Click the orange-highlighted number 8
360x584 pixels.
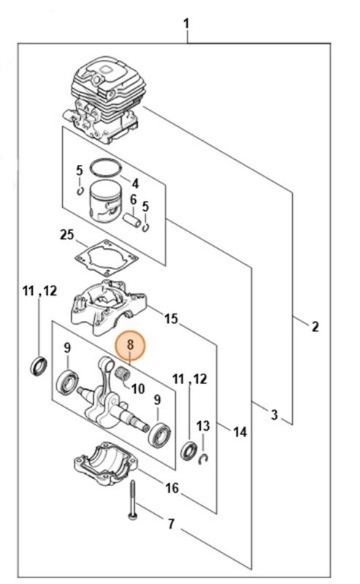[130, 344]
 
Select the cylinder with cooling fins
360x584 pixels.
[106, 99]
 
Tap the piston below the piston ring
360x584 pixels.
[106, 201]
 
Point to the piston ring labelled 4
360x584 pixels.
[106, 169]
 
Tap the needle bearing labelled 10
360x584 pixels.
[122, 372]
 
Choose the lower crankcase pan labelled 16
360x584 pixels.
[105, 464]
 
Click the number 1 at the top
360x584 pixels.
[186, 24]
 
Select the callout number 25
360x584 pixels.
[66, 235]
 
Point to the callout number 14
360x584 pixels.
[240, 432]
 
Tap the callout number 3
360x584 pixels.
[275, 415]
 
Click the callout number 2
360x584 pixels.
[315, 326]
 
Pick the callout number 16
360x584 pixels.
[172, 488]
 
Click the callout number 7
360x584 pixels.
[171, 524]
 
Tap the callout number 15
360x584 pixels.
[171, 319]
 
